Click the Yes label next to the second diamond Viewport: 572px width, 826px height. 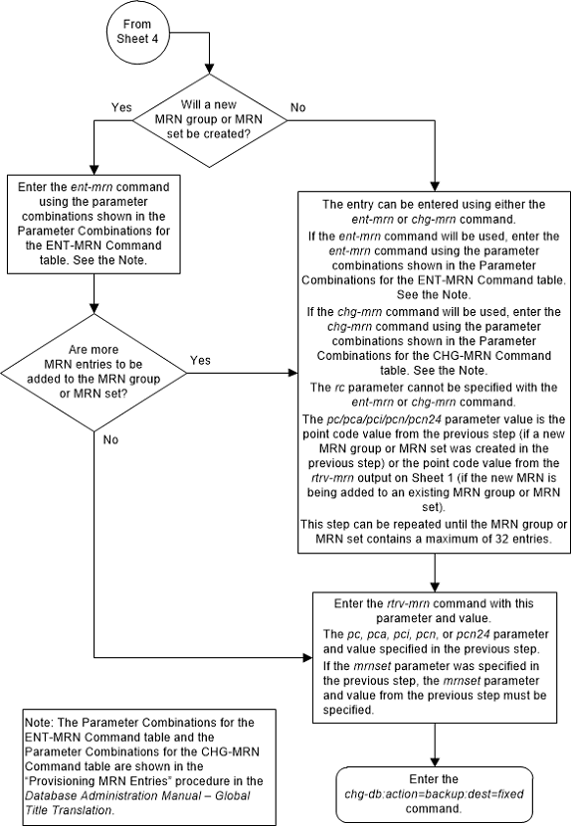(x=199, y=361)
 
